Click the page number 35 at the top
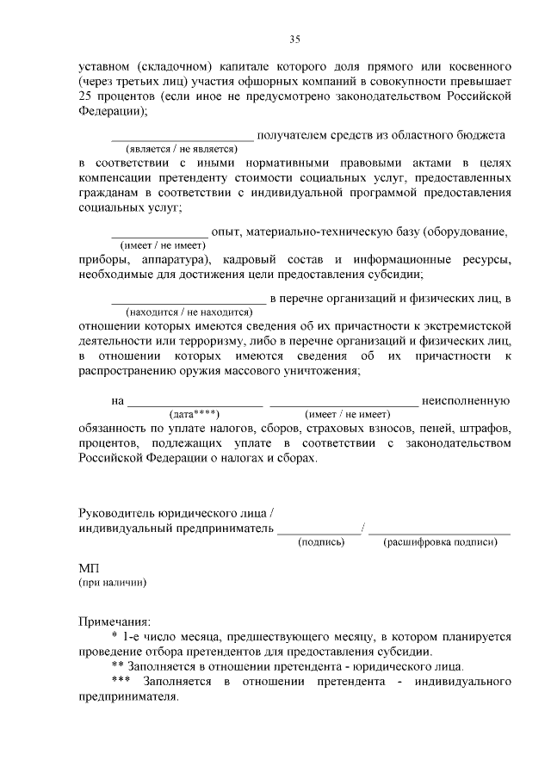[x=294, y=39]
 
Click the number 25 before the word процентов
[x=85, y=96]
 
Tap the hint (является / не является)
[x=182, y=148]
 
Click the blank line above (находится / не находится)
[x=189, y=303]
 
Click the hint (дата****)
[x=195, y=413]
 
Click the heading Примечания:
[x=114, y=621]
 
